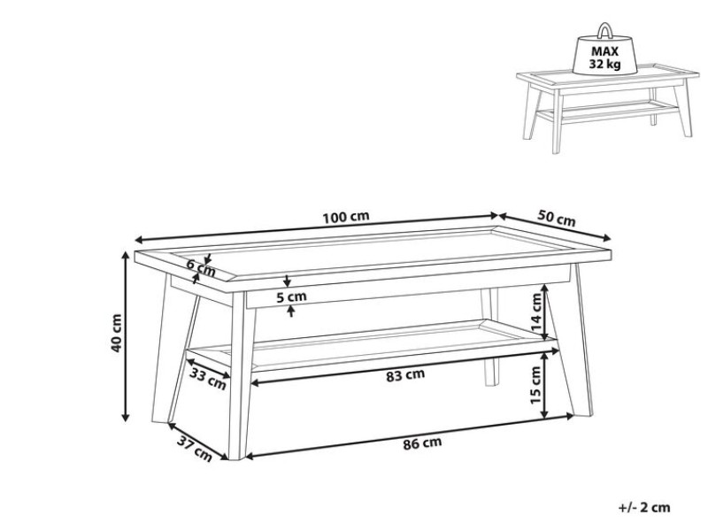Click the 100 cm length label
[346, 217]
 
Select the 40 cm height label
[116, 334]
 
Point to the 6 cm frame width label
[202, 269]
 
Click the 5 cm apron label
[291, 297]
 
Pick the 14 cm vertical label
[536, 312]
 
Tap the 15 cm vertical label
[535, 385]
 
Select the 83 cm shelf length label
[405, 374]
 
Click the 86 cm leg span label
[422, 443]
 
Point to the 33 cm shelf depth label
[208, 379]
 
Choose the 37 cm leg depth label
[194, 449]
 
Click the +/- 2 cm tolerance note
[644, 507]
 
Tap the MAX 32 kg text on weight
[605, 58]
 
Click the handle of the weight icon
[604, 31]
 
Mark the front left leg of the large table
[240, 375]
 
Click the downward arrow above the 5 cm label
[287, 281]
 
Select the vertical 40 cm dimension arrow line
[127, 336]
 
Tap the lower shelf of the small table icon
[607, 112]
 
